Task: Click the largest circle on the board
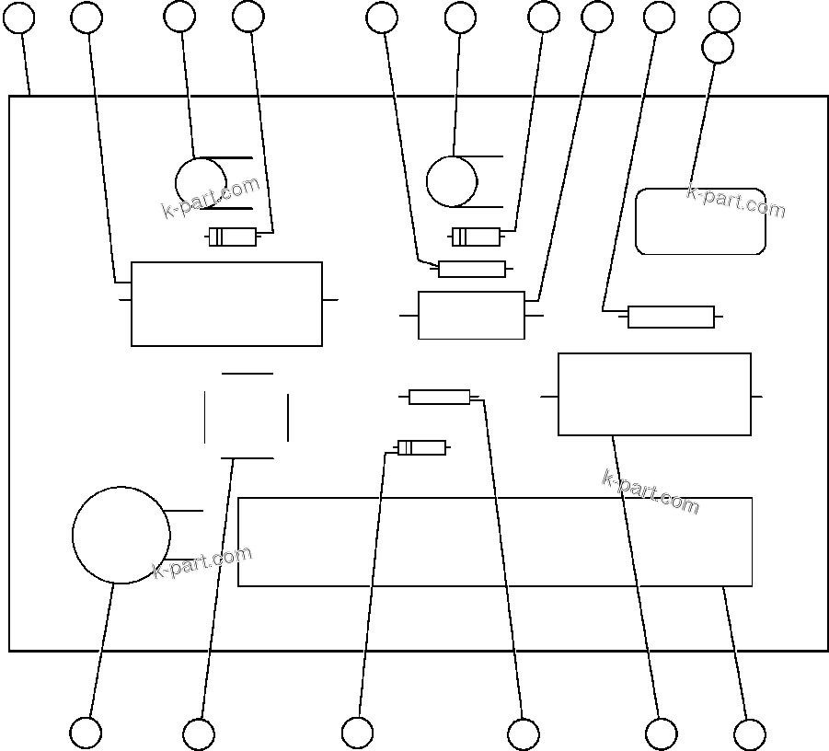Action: pyautogui.click(x=121, y=535)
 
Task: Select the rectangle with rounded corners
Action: pyautogui.click(x=700, y=221)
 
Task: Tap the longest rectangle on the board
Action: pyautogui.click(x=495, y=542)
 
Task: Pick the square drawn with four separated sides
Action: pyautogui.click(x=247, y=415)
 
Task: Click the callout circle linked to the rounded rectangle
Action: pyautogui.click(x=718, y=48)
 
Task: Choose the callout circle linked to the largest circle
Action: pyautogui.click(x=86, y=733)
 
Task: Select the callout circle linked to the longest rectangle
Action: pyautogui.click(x=749, y=734)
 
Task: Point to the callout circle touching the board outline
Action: pyautogui.click(x=19, y=17)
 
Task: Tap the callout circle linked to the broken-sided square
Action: pyautogui.click(x=199, y=734)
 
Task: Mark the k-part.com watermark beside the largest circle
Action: pyautogui.click(x=201, y=561)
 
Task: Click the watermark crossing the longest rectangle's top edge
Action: pyautogui.click(x=651, y=491)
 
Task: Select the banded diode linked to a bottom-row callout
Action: pyautogui.click(x=422, y=448)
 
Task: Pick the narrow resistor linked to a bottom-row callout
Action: pyautogui.click(x=440, y=397)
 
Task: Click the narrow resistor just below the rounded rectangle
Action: pyautogui.click(x=671, y=317)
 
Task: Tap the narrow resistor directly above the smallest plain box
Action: pyautogui.click(x=472, y=269)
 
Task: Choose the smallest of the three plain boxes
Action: pyautogui.click(x=471, y=316)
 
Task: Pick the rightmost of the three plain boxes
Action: pyautogui.click(x=654, y=394)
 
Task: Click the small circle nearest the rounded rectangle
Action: pyautogui.click(x=451, y=181)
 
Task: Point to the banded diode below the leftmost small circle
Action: pyautogui.click(x=233, y=237)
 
